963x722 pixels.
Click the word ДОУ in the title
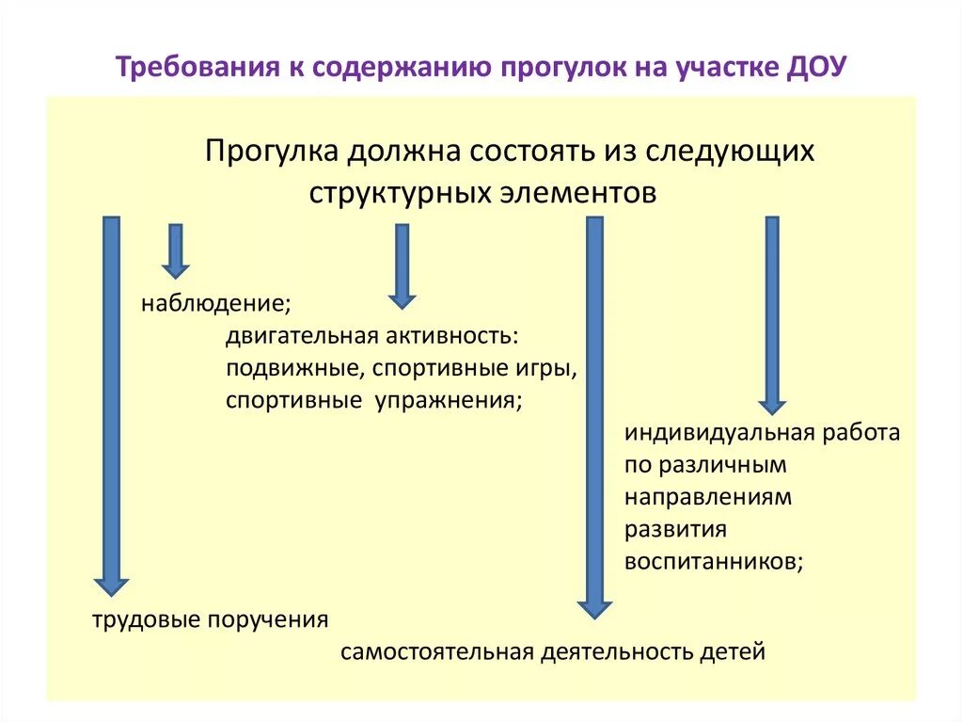coord(816,69)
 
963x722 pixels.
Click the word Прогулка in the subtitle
coord(272,152)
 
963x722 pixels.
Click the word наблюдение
coord(214,304)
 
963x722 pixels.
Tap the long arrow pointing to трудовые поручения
coord(111,405)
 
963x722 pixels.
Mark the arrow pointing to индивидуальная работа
coord(772,314)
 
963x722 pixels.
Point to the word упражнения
coord(448,400)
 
